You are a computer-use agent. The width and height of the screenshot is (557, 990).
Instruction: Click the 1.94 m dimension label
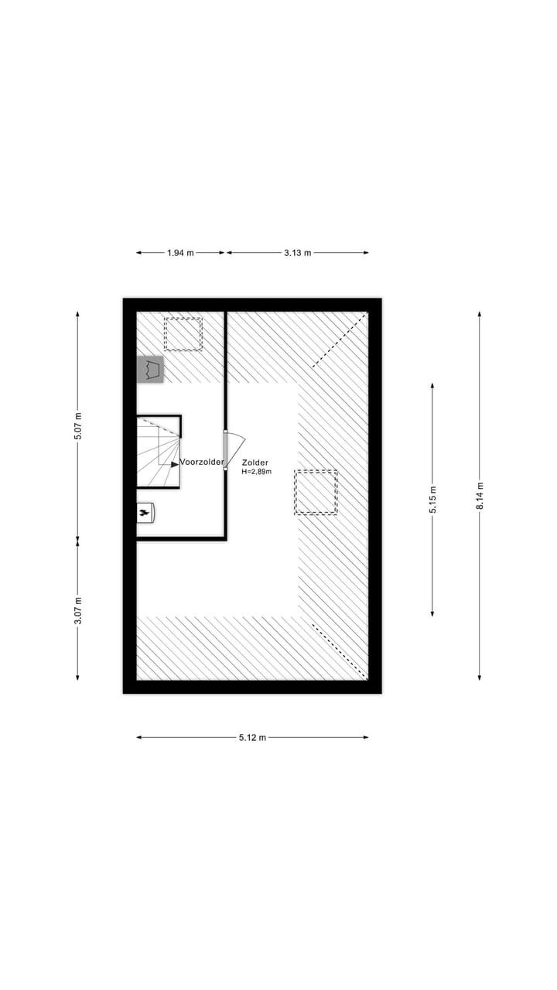(x=180, y=253)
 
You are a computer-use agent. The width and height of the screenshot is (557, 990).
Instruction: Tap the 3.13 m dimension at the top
(x=297, y=253)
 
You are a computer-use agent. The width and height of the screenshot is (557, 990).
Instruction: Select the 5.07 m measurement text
(x=77, y=425)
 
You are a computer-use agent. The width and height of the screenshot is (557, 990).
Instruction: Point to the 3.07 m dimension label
(x=77, y=609)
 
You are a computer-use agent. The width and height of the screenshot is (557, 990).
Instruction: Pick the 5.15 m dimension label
(x=432, y=500)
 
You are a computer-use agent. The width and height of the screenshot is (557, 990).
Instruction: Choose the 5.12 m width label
(x=252, y=738)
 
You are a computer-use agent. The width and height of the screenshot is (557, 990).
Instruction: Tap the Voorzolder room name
(x=202, y=463)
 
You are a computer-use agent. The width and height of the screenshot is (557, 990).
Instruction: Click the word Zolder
(x=255, y=463)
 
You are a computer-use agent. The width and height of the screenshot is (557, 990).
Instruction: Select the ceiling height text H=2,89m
(x=256, y=472)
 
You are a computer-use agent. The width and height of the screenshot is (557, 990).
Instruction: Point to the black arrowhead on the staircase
(x=175, y=464)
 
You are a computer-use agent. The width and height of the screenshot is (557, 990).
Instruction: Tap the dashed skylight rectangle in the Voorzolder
(x=183, y=334)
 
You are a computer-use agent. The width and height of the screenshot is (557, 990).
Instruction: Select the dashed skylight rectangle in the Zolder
(x=316, y=493)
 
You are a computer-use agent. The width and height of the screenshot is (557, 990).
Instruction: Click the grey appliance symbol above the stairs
(x=150, y=370)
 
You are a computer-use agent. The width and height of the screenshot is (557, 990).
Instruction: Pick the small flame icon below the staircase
(x=144, y=512)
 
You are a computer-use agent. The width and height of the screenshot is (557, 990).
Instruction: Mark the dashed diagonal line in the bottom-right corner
(x=339, y=650)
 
